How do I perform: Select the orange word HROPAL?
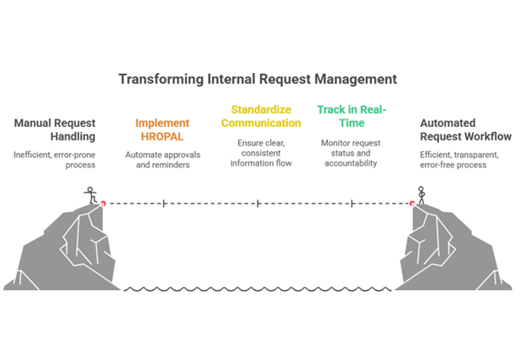[162, 137]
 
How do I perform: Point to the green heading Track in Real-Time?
[351, 117]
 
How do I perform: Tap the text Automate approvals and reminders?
[162, 160]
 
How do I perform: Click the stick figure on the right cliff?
[422, 195]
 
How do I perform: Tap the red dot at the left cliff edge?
[103, 204]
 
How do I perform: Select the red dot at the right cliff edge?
[412, 204]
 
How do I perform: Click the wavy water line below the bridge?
[257, 289]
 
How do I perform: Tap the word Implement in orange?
[162, 124]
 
